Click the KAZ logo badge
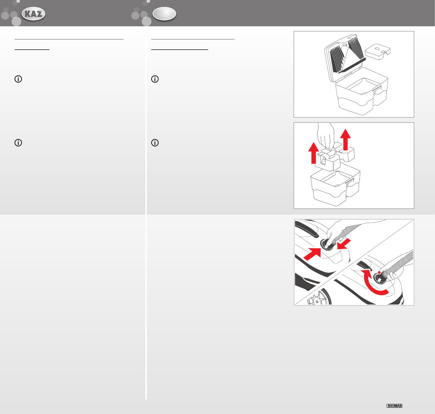(33, 14)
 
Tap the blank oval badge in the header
(164, 14)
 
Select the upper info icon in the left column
(18, 79)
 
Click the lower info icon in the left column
(18, 143)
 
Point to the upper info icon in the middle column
(155, 79)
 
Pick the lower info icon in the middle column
(155, 143)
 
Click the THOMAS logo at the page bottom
(394, 406)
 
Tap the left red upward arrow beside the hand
(313, 153)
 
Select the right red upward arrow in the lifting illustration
(346, 139)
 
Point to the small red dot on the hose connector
(379, 273)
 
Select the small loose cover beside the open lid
(378, 51)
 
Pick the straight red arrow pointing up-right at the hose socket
(313, 254)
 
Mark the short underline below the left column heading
(32, 50)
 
